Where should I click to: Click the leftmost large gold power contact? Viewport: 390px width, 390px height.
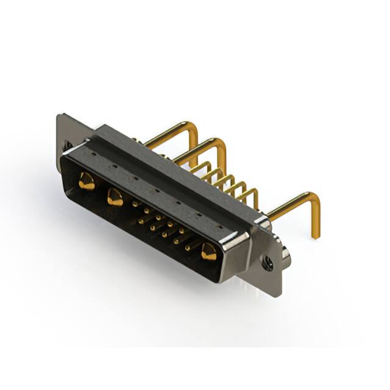point(87,181)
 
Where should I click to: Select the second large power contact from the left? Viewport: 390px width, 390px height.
point(114,196)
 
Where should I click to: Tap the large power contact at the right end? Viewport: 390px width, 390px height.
point(208,252)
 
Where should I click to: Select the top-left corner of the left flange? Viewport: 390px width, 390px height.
point(58,116)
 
